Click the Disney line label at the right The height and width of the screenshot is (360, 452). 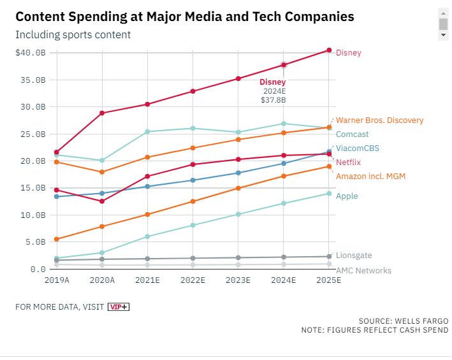tap(348, 53)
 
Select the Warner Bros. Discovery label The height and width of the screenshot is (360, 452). tap(379, 120)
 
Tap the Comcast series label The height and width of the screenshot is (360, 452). tap(353, 134)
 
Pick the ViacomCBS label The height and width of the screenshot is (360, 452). tap(356, 148)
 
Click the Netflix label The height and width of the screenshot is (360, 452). tap(349, 162)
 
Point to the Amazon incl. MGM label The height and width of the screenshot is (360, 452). tap(370, 176)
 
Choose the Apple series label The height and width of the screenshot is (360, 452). tap(347, 196)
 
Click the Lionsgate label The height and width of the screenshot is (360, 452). tap(354, 256)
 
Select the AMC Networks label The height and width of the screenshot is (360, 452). tap(363, 270)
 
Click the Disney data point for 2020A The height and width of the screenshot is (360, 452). tap(102, 113)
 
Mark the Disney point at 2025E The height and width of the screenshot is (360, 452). tap(329, 50)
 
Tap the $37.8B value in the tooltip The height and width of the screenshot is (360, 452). tap(273, 100)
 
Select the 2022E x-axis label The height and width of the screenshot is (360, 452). tap(193, 280)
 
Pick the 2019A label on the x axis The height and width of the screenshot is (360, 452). tap(57, 280)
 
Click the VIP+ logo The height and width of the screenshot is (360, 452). tap(118, 306)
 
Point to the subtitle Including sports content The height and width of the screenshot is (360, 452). tap(73, 34)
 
